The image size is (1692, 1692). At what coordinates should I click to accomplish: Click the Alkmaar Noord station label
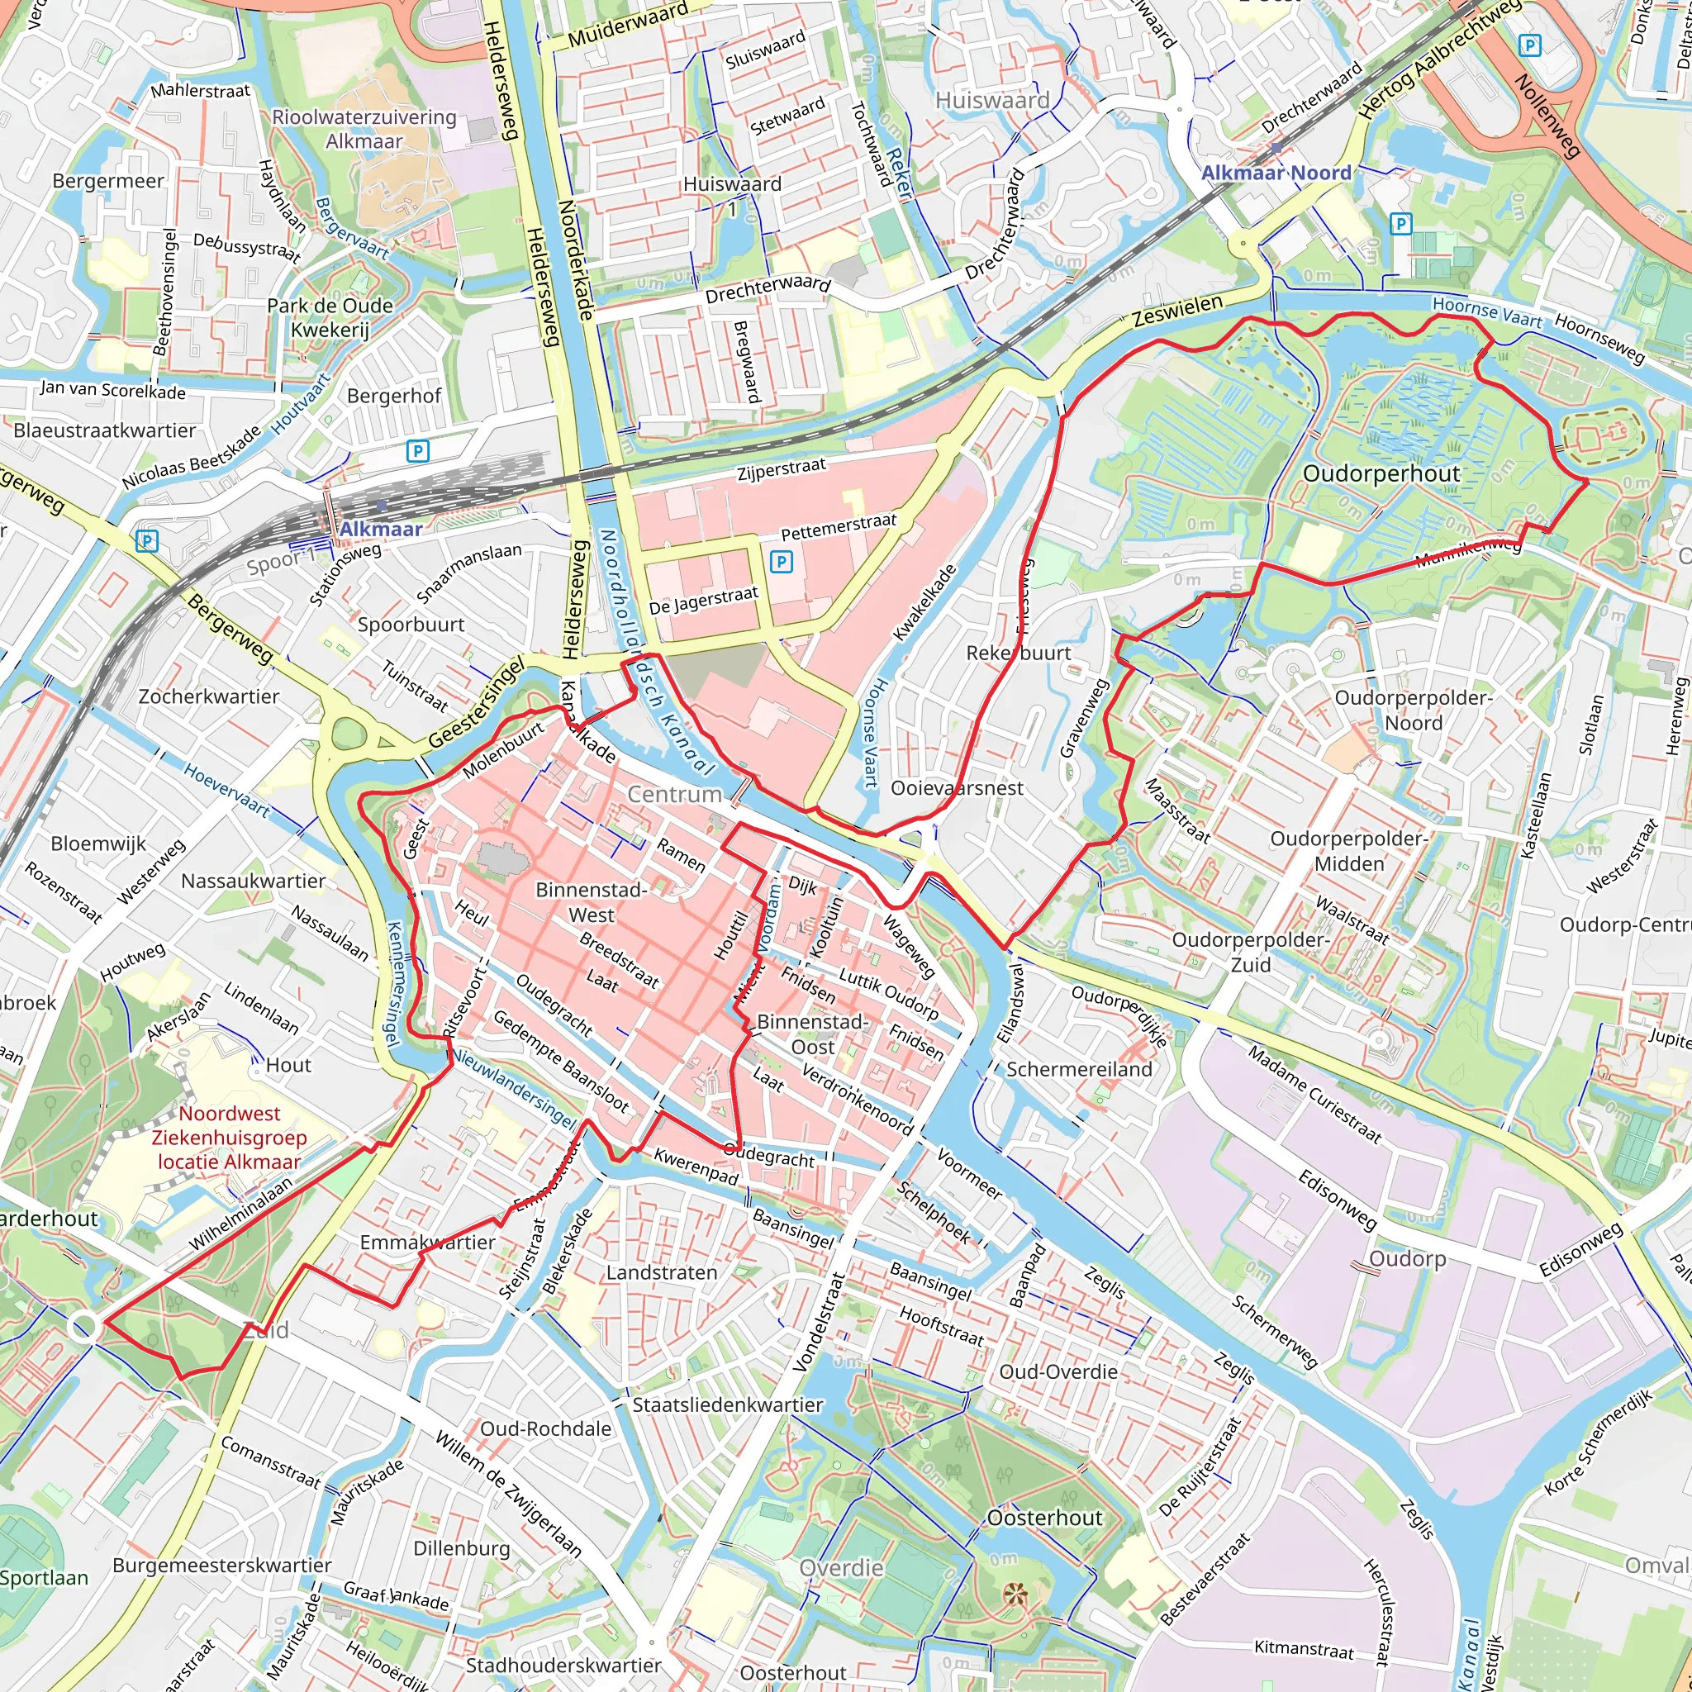[1275, 173]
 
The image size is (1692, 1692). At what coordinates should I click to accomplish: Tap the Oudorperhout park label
[1381, 473]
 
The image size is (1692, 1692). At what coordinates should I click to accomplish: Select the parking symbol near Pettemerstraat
[782, 561]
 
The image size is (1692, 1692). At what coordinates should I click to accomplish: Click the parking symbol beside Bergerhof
[418, 451]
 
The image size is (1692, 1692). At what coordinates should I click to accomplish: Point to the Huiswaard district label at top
[992, 101]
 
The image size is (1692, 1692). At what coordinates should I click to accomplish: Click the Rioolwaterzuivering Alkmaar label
[364, 129]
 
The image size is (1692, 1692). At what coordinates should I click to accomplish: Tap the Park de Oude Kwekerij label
[330, 317]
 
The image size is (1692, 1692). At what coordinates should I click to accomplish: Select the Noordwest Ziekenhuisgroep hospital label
[230, 1138]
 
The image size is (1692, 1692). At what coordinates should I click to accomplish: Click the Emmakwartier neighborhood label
[427, 1242]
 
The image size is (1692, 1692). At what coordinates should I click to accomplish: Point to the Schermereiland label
[1079, 1069]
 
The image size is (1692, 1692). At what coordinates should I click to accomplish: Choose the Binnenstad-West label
[592, 902]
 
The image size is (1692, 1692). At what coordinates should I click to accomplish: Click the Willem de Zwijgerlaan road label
[508, 1495]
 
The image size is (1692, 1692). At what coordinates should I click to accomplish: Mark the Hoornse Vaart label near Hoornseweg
[1487, 312]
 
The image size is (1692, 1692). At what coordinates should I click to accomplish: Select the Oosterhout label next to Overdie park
[1044, 1518]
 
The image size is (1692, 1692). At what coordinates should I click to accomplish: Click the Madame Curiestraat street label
[1314, 1095]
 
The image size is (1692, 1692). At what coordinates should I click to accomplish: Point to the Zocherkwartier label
[208, 696]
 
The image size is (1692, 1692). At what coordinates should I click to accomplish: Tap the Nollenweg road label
[1547, 116]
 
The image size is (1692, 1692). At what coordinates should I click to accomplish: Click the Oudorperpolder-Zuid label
[1251, 952]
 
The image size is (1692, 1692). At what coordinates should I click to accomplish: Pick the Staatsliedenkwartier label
[728, 1404]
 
